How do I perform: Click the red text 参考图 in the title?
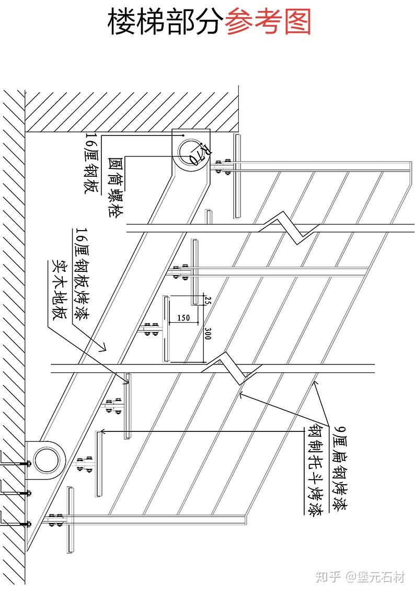[x=268, y=22]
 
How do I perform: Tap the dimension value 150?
[x=183, y=317]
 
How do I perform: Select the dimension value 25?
[x=208, y=300]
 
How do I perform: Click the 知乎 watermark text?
[x=329, y=577]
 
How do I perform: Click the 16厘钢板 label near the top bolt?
[x=91, y=163]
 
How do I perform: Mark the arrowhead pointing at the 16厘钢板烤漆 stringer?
[x=104, y=346]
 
